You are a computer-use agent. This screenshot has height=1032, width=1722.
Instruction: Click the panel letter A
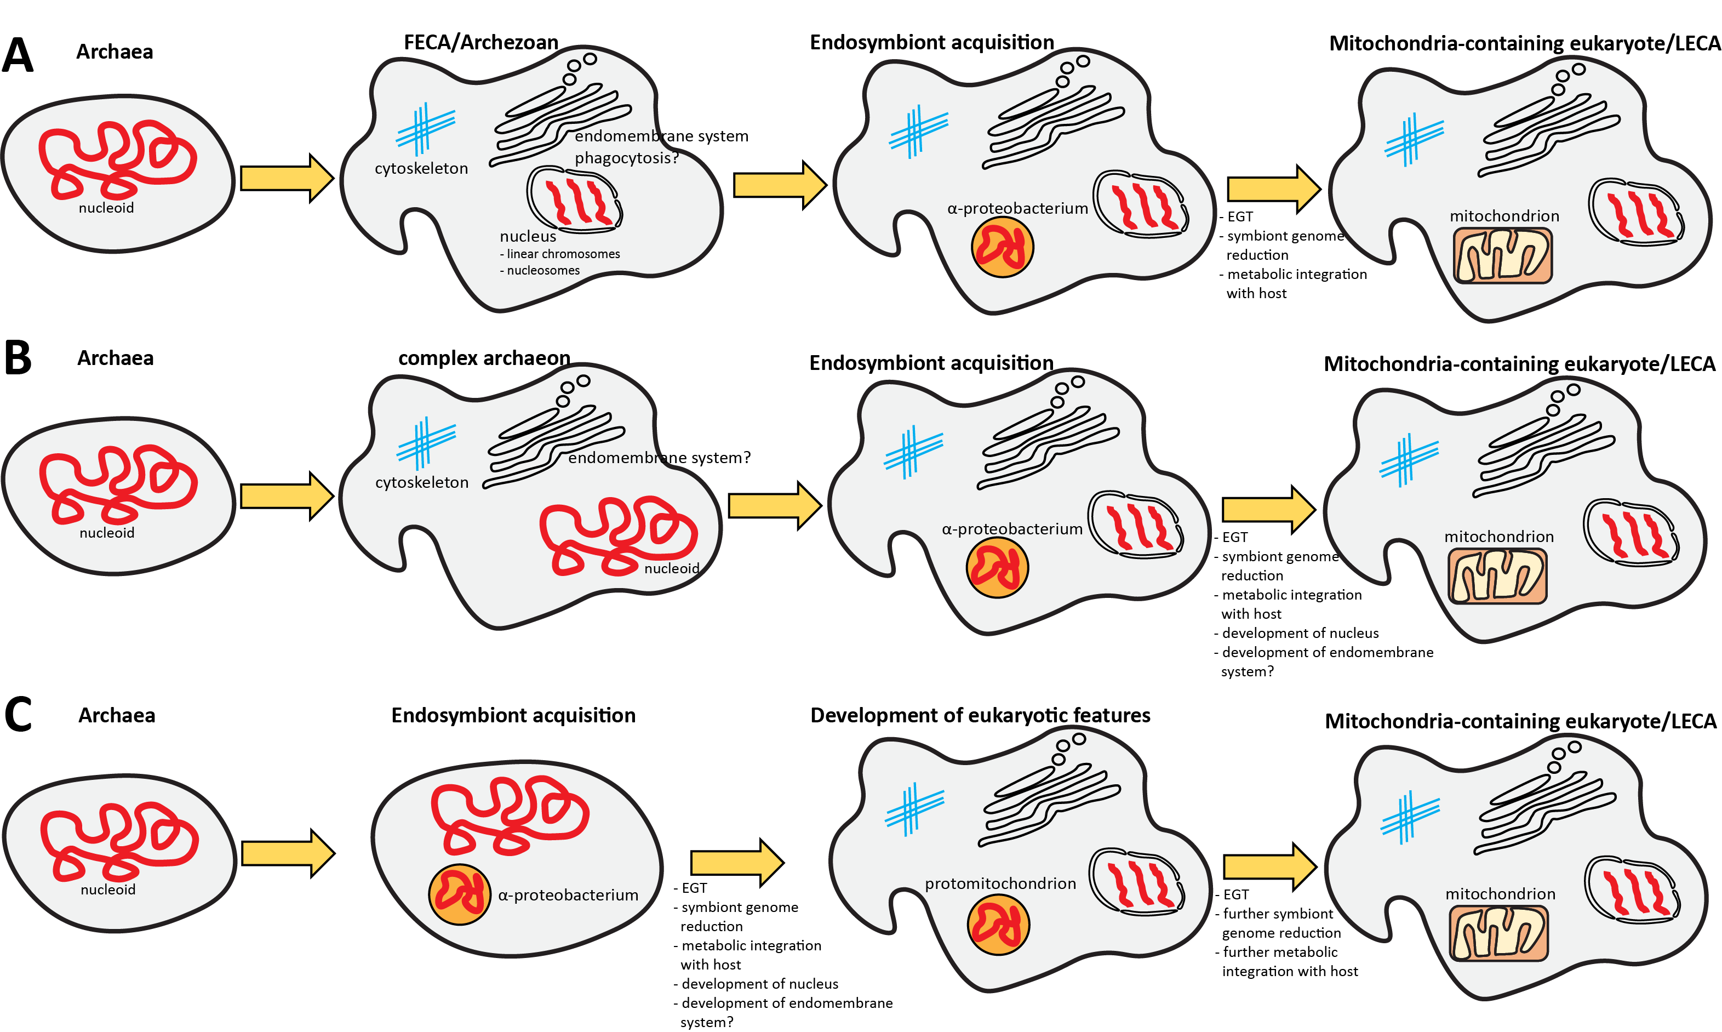pos(18,56)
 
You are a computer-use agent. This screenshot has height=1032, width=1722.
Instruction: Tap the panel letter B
pos(18,358)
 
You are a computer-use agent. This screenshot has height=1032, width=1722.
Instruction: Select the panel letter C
pos(18,714)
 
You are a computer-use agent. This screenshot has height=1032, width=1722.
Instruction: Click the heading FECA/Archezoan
pos(480,42)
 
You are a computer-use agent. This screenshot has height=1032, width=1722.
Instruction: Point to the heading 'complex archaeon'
pos(484,358)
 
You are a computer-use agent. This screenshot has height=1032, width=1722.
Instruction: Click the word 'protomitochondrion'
pos(1000,883)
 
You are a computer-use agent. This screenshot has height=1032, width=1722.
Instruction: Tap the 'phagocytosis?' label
pos(626,158)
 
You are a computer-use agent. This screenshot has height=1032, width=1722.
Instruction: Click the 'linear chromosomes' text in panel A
pos(563,254)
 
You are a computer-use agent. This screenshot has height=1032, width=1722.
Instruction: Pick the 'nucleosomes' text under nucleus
pos(542,271)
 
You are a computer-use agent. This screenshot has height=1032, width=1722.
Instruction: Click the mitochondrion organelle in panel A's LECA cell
pos(1502,256)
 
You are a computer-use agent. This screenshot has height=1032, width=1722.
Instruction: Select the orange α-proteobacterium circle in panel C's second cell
pos(460,894)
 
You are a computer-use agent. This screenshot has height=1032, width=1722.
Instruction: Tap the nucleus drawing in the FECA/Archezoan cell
pos(574,199)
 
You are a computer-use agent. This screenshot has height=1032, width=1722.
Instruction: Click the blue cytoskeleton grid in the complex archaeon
pos(426,443)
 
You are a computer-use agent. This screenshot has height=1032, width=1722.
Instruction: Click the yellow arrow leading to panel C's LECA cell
pos(1269,866)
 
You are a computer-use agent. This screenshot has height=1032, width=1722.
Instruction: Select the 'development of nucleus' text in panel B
pos(1300,633)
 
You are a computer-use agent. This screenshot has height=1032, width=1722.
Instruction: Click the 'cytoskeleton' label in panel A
pos(421,168)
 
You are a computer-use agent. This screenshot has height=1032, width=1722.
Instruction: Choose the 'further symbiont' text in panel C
pos(1278,914)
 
